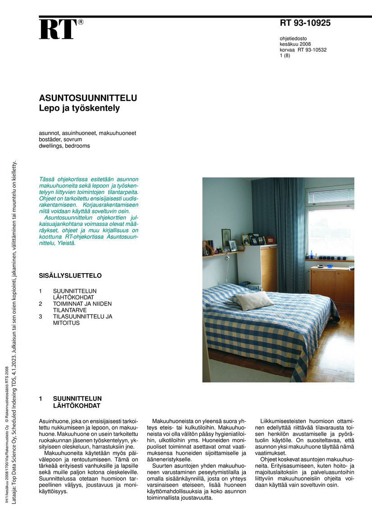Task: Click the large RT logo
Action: coord(58,30)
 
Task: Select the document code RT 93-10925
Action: coord(305,23)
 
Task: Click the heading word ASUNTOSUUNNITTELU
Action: coord(88,99)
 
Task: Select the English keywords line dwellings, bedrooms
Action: coord(64,146)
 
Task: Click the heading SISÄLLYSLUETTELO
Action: coord(70,276)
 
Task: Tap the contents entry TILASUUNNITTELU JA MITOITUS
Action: coord(82,319)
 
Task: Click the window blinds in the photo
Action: coord(330,196)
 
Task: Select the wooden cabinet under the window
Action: coord(331,285)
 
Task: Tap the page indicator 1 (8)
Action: coord(285,56)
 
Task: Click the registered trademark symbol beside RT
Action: coord(81,22)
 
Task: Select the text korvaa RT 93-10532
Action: coord(303,50)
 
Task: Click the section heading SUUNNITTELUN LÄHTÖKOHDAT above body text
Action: coord(77,402)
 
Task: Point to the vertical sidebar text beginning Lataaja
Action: coord(14,333)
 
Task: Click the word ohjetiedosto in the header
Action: coord(293,38)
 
